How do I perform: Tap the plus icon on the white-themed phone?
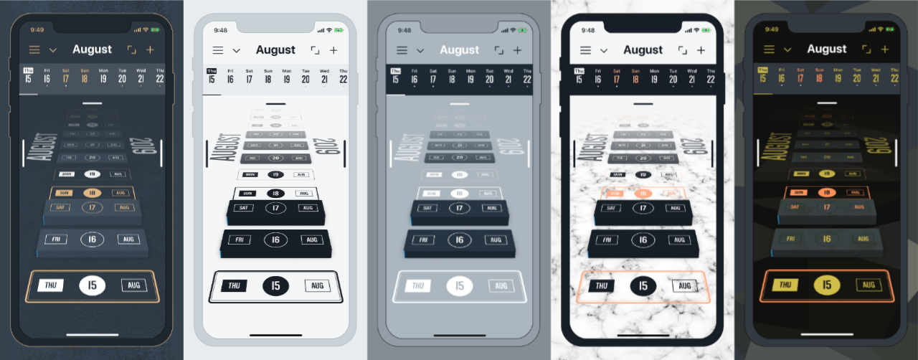tap(333, 50)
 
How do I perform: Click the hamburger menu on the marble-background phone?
tap(585, 50)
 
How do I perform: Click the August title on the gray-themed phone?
tap(459, 50)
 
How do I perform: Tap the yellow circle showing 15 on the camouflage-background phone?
tap(827, 285)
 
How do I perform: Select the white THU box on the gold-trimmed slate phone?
tap(51, 285)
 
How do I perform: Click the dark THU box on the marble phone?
tap(602, 285)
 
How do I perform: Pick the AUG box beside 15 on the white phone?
tap(317, 285)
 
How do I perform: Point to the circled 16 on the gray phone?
tap(460, 240)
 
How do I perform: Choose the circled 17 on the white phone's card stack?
tap(276, 209)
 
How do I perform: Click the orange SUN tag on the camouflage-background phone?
tap(795, 192)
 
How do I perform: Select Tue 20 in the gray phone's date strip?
tap(490, 76)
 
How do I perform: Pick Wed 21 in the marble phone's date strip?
tap(692, 76)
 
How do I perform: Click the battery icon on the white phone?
tap(339, 30)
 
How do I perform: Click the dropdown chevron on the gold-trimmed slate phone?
tap(52, 50)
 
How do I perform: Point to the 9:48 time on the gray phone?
tap(404, 30)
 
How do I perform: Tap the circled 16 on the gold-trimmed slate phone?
tap(93, 240)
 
